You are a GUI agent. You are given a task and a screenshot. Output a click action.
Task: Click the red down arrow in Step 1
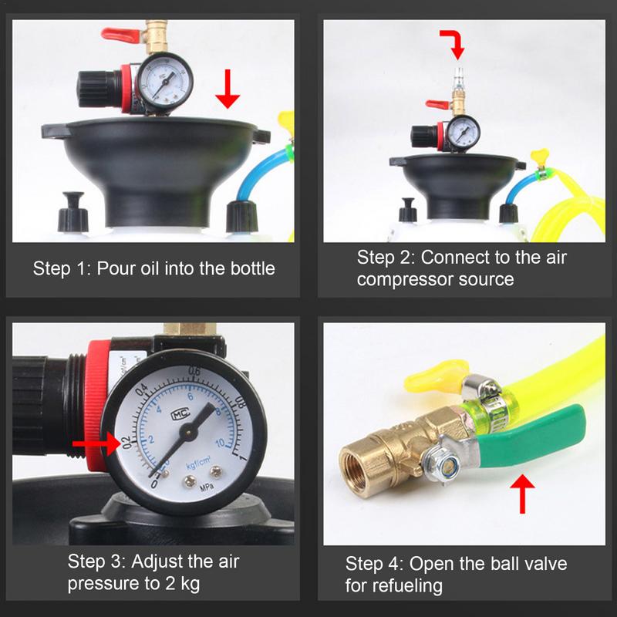coord(228,90)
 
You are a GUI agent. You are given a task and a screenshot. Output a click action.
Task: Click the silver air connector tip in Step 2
coord(457,76)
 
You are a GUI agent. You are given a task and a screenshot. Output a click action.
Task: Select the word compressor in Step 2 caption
coord(402,279)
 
